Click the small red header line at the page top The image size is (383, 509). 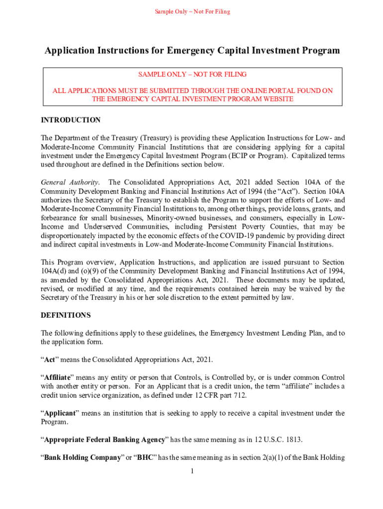coord(191,11)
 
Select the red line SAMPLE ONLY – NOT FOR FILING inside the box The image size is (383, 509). coord(192,75)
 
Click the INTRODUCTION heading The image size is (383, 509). coord(71,120)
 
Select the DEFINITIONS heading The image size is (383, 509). coord(66,315)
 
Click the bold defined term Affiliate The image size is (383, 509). coord(59,377)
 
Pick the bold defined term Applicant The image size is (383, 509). coord(60,413)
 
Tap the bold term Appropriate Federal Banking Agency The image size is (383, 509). coord(104,440)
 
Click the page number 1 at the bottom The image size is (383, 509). coord(191,471)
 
